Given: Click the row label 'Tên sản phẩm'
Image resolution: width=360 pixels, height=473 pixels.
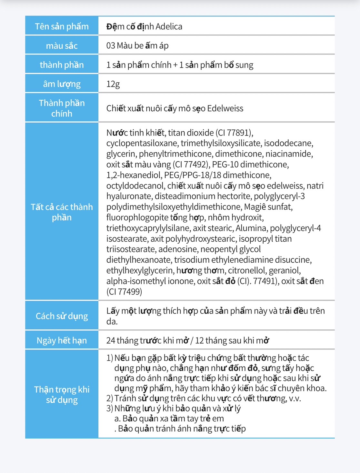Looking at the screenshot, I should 62,26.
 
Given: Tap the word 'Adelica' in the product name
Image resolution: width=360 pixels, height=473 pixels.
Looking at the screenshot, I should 169,26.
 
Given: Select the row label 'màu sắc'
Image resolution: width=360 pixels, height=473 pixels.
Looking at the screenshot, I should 62,45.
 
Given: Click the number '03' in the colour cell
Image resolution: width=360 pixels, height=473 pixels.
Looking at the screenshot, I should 111,45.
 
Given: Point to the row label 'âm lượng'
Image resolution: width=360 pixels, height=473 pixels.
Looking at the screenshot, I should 62,84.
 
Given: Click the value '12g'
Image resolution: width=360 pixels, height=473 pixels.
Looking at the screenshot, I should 113,84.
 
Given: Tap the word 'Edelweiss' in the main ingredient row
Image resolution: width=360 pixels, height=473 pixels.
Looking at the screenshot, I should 225,108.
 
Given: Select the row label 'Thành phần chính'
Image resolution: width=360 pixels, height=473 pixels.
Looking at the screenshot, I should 62,108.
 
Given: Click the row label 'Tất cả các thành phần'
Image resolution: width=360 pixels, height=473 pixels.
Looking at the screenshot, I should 62,212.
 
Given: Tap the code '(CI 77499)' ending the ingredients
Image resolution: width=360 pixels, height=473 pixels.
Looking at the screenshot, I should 124,292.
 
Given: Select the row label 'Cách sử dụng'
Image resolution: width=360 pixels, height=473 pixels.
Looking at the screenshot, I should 62,316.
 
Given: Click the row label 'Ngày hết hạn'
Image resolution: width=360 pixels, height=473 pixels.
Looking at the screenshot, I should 62,340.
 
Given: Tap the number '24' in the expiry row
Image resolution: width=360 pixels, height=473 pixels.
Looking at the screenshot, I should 111,340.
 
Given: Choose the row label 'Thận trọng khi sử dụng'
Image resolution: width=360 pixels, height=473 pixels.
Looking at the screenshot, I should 62,395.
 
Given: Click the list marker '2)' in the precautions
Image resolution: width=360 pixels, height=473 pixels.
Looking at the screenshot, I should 110,398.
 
